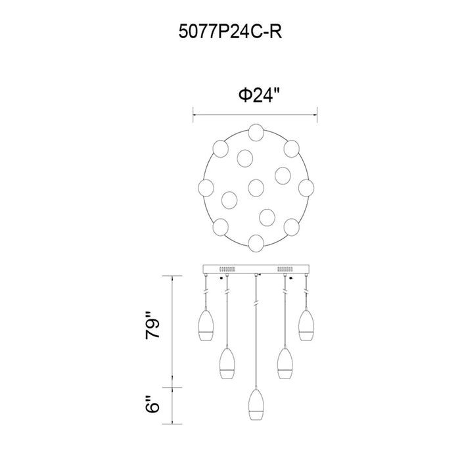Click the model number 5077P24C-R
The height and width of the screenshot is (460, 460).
coord(230,32)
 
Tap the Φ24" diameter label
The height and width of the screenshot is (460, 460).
coord(260,95)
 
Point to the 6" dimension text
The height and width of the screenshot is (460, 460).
coord(152,404)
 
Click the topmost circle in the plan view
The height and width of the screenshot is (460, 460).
coord(256,132)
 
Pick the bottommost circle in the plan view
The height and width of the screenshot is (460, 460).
coord(256,243)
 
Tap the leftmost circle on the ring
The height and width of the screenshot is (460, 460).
coord(206,187)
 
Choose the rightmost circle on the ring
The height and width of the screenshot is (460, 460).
coord(306,187)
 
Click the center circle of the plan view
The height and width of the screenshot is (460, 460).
coord(256,187)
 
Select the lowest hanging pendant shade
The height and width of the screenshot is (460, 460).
coord(256,405)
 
